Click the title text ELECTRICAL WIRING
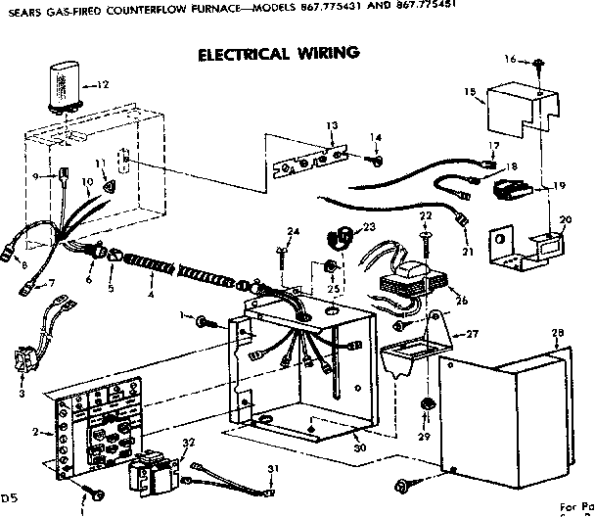pos(278,53)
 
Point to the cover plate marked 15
pos(510,114)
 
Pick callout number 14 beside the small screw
pos(376,137)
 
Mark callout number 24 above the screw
pos(292,231)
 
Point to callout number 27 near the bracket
pos(474,334)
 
